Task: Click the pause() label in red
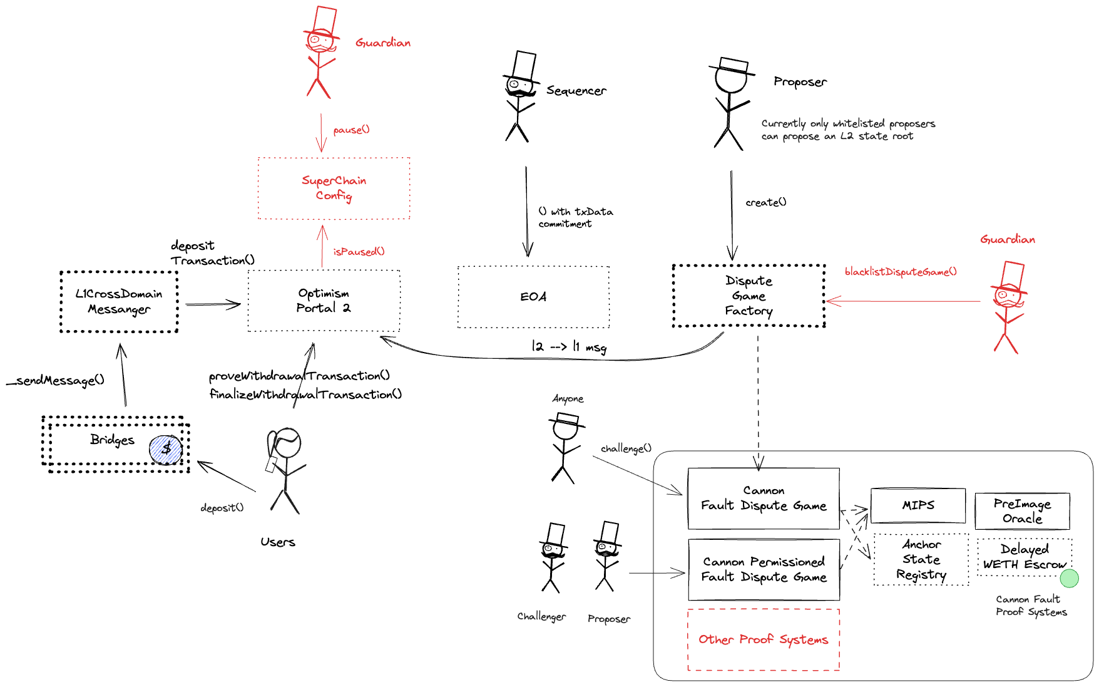(x=351, y=130)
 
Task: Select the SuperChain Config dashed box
(x=334, y=188)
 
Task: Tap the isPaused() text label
(x=359, y=251)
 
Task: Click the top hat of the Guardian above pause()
(x=325, y=20)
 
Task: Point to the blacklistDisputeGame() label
(x=900, y=271)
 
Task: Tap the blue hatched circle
(x=166, y=450)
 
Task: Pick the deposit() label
(x=222, y=507)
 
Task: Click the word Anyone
(x=568, y=398)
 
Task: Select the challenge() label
(x=626, y=448)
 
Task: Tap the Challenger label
(x=541, y=616)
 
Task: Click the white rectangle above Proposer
(x=610, y=532)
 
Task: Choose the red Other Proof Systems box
(x=763, y=639)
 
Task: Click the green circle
(x=1069, y=578)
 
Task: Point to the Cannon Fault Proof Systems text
(x=1031, y=606)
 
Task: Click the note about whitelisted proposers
(x=848, y=130)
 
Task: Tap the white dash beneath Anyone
(x=568, y=418)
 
